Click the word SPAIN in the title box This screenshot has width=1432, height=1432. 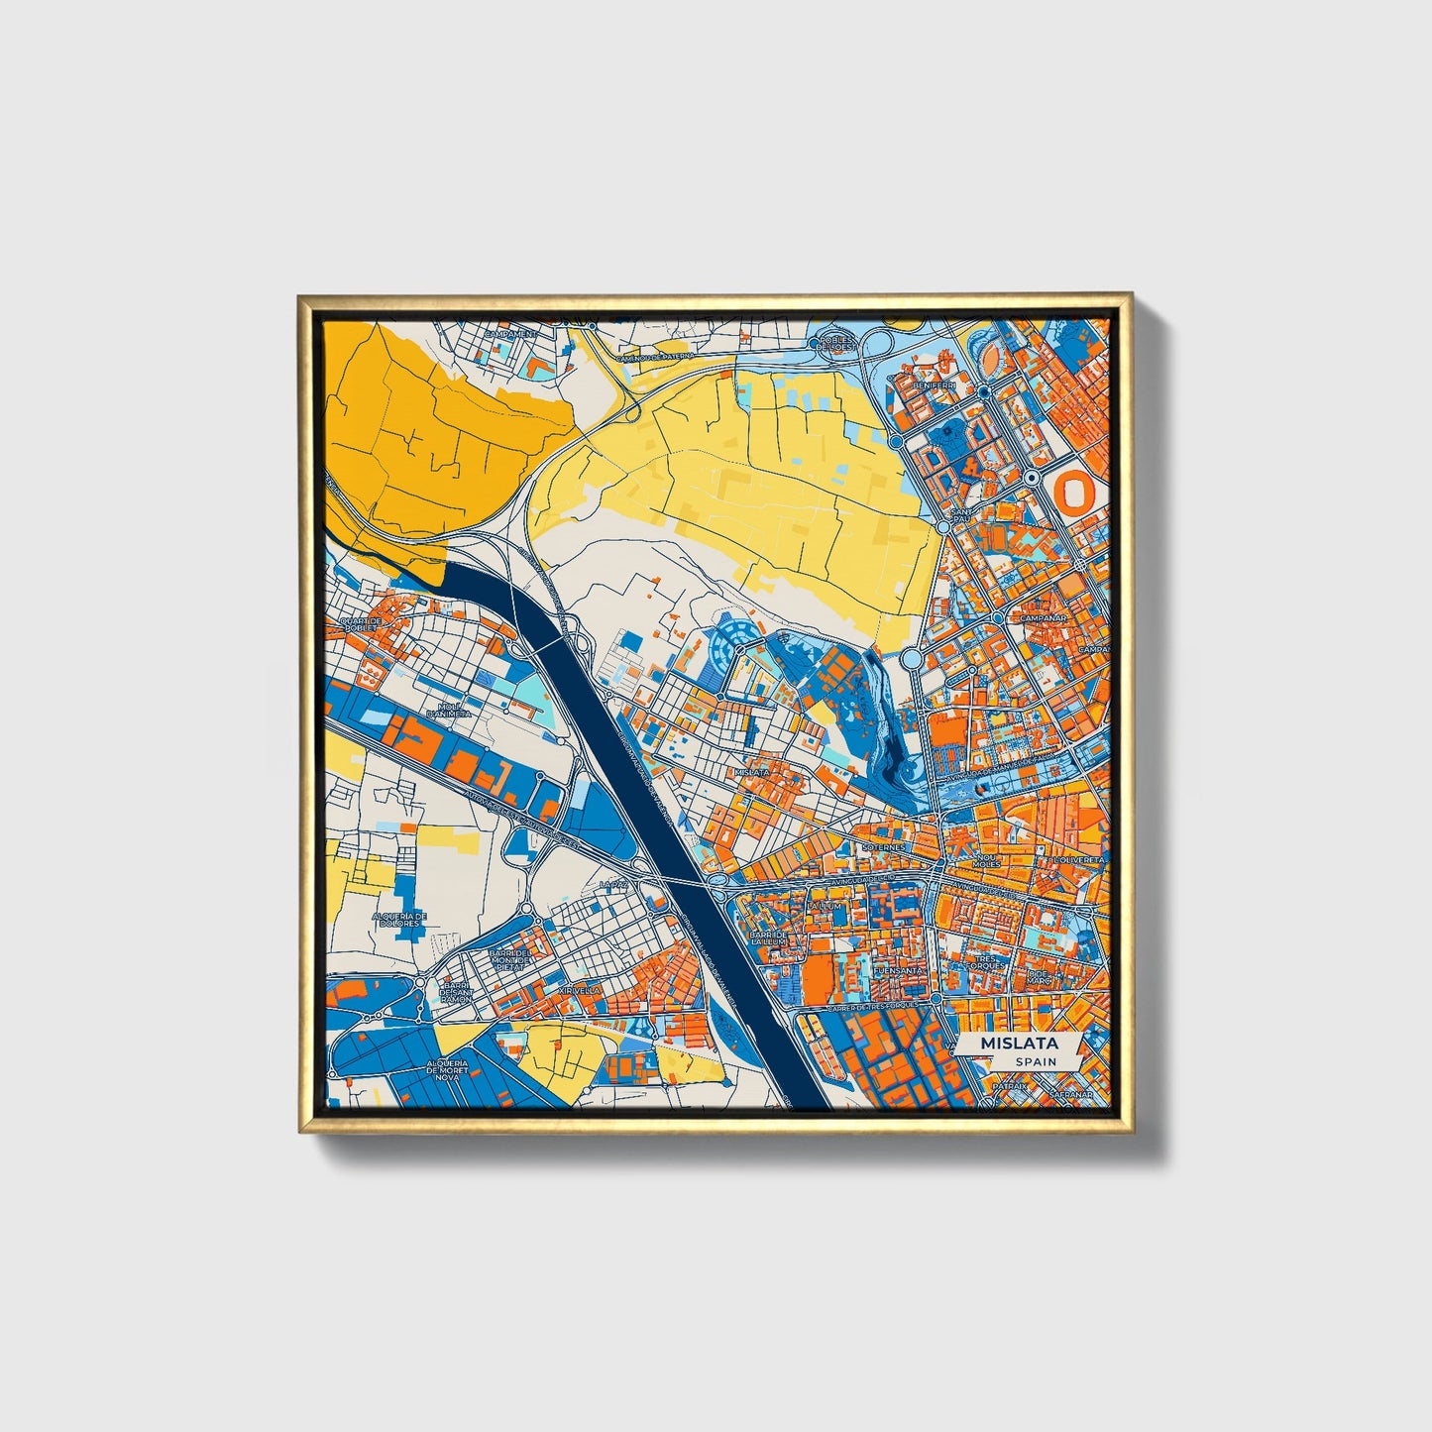pos(1036,1061)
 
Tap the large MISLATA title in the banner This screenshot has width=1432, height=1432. pos(1019,1044)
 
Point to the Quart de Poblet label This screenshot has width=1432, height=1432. pos(361,625)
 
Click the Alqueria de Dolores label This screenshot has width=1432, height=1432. pos(399,920)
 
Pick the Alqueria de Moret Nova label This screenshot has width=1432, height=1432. pos(447,1070)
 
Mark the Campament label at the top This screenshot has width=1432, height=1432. pos(509,335)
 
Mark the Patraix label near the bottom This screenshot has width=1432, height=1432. pos(1010,1086)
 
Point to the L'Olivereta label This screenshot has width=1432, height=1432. pos(1078,860)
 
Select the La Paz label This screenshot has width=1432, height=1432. pos(614,883)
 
